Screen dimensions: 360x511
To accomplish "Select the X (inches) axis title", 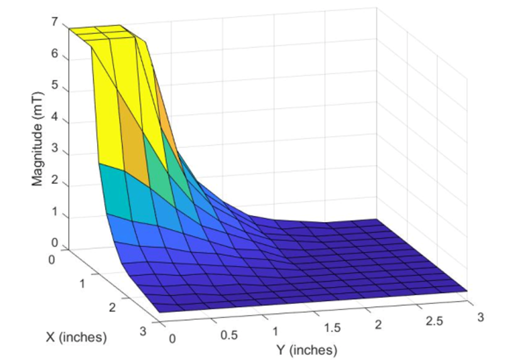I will click(x=76, y=337).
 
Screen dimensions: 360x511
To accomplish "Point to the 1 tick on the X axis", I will click(x=82, y=284).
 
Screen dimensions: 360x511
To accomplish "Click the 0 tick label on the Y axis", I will click(x=172, y=338).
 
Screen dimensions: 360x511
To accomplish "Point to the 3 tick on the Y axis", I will click(x=480, y=316).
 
